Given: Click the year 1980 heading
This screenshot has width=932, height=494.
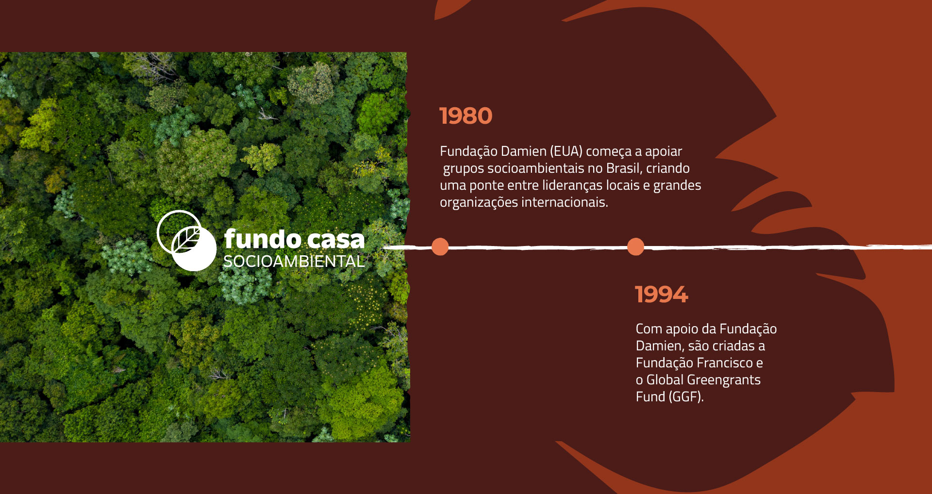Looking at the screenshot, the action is (x=466, y=116).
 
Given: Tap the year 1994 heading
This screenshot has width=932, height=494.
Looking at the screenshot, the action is (x=662, y=295).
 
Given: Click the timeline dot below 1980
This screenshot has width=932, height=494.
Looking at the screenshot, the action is (x=440, y=247).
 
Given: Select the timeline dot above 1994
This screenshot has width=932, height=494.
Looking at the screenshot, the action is (x=635, y=247).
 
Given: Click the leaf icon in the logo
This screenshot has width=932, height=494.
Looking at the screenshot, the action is (x=186, y=240).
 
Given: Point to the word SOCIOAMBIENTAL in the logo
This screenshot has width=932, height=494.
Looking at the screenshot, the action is (x=294, y=261).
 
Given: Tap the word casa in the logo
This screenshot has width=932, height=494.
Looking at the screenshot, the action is (x=335, y=240).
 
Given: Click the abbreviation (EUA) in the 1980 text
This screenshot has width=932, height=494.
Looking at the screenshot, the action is (x=566, y=151).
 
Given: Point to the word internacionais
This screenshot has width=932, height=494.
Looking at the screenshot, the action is (x=565, y=202).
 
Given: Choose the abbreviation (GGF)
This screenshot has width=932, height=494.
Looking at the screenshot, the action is (x=686, y=397).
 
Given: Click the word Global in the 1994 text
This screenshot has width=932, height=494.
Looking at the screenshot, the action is (x=665, y=380).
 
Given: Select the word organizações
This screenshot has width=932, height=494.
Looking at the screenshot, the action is (x=479, y=203).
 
